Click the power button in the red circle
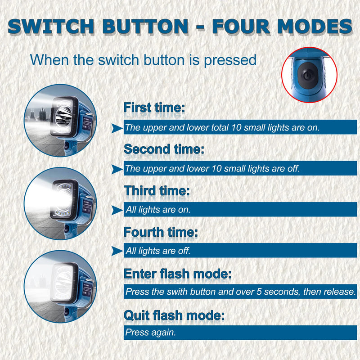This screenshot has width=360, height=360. point(308,75)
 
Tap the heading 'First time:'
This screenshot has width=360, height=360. point(154,108)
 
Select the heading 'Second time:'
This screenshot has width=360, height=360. point(164,149)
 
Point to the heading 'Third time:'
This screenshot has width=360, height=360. point(157,190)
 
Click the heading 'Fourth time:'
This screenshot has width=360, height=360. point(161,232)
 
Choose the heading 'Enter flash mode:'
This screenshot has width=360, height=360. point(177,274)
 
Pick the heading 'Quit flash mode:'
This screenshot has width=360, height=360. point(174,315)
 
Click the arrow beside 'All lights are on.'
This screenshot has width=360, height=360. point(117,210)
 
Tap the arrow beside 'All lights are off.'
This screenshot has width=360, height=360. point(117,251)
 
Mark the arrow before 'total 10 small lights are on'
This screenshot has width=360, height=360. point(117,128)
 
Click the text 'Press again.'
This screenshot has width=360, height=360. point(151,332)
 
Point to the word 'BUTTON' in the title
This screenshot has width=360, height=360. point(145,27)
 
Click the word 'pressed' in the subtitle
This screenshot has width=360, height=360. point(230,60)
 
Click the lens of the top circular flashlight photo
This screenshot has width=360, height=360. point(63,115)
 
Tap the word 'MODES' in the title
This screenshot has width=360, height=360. point(315,27)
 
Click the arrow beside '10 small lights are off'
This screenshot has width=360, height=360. point(117,169)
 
